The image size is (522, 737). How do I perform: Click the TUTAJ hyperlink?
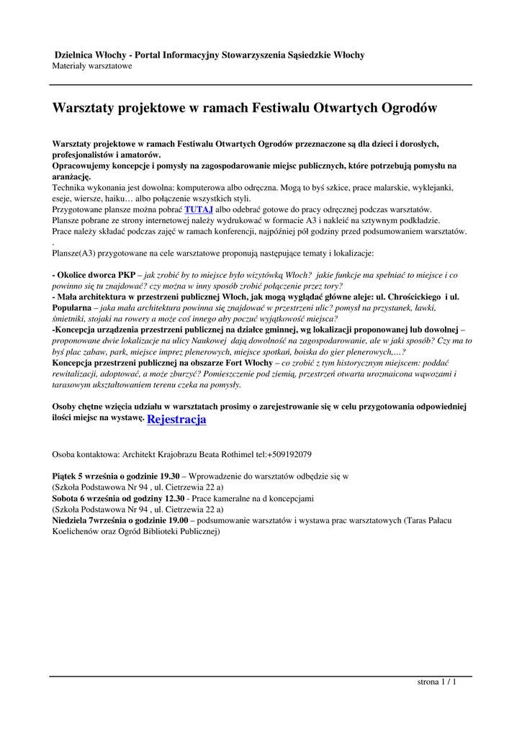[199, 209]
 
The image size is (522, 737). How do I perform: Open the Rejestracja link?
[176, 419]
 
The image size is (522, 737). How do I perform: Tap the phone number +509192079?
[289, 455]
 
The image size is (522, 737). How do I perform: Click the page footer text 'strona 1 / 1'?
[437, 682]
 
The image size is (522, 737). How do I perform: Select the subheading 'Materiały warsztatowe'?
[92, 66]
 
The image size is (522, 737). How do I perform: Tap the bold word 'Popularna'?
[73, 307]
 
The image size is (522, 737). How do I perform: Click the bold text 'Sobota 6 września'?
[86, 498]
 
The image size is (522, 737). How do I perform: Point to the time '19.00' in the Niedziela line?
[176, 520]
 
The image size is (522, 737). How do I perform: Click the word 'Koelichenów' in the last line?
[78, 531]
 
